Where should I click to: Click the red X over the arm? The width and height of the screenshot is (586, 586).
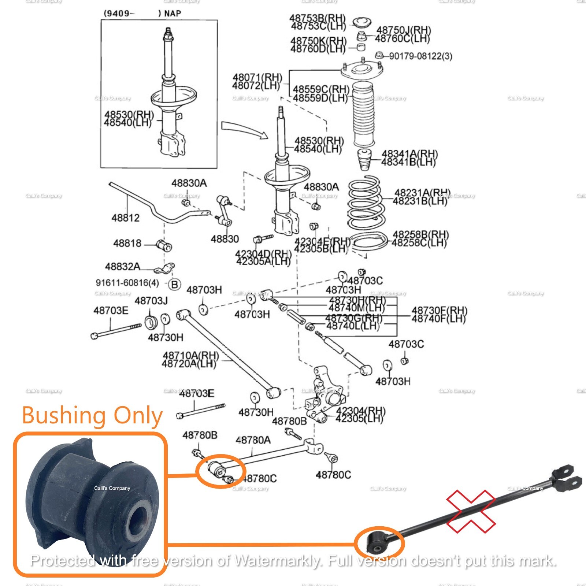471,511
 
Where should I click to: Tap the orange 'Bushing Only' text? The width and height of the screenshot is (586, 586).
92,416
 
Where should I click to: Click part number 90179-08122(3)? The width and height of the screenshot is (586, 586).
420,56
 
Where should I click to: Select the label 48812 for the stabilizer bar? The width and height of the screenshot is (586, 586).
126,218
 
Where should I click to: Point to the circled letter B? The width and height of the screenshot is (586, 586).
175,284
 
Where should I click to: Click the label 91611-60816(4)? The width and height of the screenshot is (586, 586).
127,283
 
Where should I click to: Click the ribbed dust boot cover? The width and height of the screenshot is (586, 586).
363,114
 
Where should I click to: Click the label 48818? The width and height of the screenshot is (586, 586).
127,243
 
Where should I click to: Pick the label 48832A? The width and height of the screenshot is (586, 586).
123,267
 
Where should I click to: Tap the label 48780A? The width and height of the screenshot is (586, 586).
253,440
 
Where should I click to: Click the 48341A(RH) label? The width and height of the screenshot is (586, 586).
409,154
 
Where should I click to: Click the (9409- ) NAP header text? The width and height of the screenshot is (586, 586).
142,14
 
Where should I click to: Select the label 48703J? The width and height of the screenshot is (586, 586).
151,301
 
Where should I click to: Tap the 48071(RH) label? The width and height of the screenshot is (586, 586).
257,78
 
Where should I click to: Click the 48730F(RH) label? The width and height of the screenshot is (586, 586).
439,311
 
